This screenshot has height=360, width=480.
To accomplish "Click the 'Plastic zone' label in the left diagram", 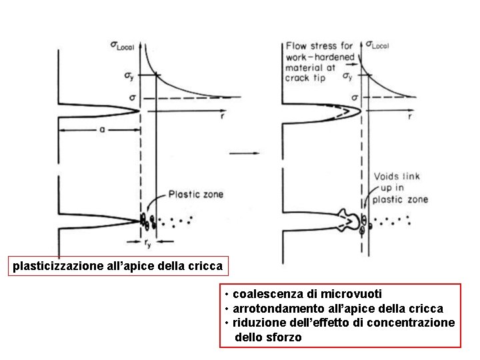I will [195, 195].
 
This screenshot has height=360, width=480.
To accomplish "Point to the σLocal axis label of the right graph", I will [377, 46].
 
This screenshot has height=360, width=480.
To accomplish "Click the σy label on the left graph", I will [121, 76].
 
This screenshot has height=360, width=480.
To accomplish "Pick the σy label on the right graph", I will [347, 76].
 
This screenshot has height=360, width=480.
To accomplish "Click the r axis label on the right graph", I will [409, 117].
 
